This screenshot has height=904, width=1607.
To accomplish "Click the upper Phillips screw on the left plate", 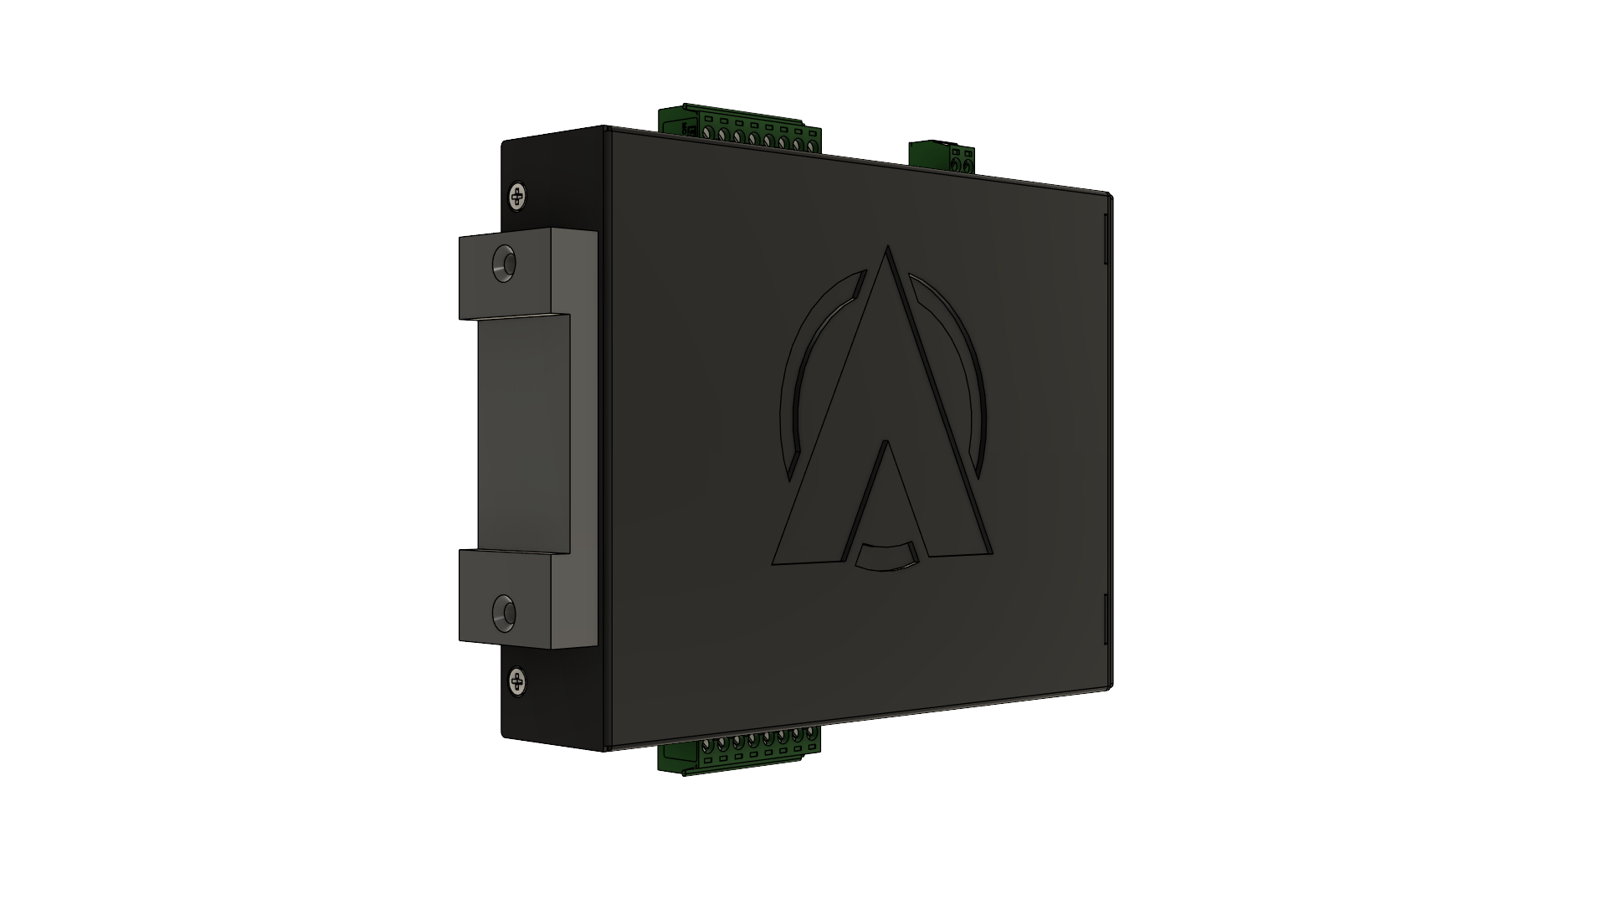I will coord(518,197).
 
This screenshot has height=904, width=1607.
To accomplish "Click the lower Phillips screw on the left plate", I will coord(518,681).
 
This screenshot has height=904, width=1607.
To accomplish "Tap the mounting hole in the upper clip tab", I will coord(504,263).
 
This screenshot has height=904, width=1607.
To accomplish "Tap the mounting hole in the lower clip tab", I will coord(504,613).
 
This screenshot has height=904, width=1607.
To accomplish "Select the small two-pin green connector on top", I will coord(942,157).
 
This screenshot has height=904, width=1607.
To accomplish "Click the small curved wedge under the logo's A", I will coord(886,556).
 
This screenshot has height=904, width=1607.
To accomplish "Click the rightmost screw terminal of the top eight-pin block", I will coord(810,146).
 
